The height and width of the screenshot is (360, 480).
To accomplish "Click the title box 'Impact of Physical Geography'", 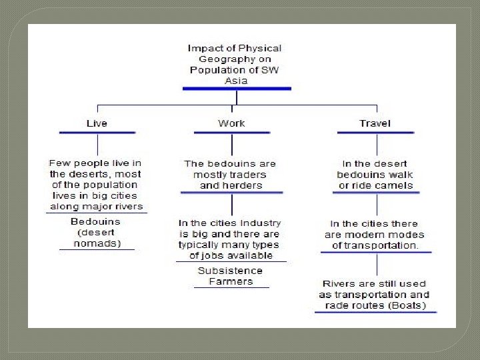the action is click(x=235, y=64).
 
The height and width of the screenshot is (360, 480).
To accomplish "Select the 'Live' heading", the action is click(x=97, y=123).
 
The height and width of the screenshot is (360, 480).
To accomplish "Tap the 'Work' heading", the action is click(x=231, y=123).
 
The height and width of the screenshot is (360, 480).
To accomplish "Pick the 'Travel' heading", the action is click(x=375, y=123).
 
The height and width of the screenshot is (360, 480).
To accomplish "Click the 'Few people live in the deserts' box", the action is click(x=95, y=185).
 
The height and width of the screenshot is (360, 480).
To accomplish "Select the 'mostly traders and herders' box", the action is click(x=231, y=174).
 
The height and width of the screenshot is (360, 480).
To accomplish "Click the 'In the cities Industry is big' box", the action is click(x=231, y=239).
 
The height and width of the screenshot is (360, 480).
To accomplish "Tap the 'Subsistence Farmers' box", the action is click(x=231, y=276).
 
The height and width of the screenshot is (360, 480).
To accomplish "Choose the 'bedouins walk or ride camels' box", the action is click(x=375, y=174).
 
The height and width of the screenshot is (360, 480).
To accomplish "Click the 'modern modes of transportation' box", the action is click(x=375, y=234).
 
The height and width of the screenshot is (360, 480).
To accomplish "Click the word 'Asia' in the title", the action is click(x=236, y=81).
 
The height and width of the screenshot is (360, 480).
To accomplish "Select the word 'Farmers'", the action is click(x=231, y=281).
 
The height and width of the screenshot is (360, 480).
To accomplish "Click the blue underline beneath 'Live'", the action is click(x=97, y=133).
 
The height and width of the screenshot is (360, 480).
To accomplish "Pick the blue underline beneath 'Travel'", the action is click(x=375, y=133).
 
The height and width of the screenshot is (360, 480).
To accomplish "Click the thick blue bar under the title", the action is click(x=235, y=89).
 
